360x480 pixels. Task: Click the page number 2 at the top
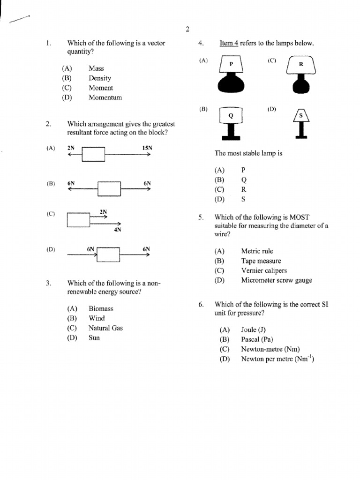[187, 30]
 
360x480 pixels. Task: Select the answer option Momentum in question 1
[105, 97]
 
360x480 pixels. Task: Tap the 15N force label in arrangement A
[147, 148]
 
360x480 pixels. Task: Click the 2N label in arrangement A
[71, 148]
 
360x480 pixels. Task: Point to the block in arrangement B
[109, 189]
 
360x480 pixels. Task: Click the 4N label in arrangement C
[117, 230]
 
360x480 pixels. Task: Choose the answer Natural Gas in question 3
[105, 328]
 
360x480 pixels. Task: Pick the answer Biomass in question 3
[101, 309]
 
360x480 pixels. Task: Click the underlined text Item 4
[229, 44]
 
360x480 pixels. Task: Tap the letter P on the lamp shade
[231, 64]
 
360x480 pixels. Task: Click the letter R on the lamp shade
[301, 65]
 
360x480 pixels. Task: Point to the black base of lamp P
[231, 84]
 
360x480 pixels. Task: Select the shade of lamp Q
[230, 115]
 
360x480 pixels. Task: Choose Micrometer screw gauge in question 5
[276, 280]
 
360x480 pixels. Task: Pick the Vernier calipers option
[264, 270]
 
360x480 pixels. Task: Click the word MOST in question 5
[298, 217]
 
